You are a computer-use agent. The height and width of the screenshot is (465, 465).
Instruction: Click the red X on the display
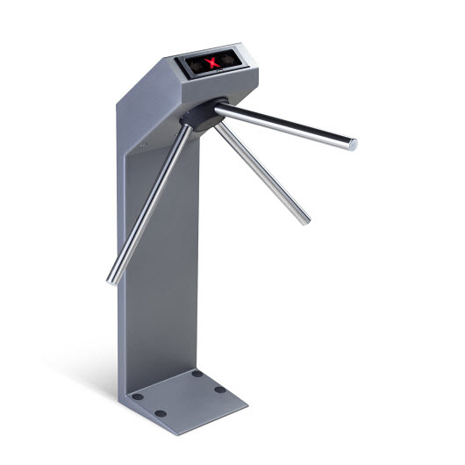pos(211,61)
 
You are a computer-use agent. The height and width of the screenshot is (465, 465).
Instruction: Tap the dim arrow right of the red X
pos(230,60)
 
